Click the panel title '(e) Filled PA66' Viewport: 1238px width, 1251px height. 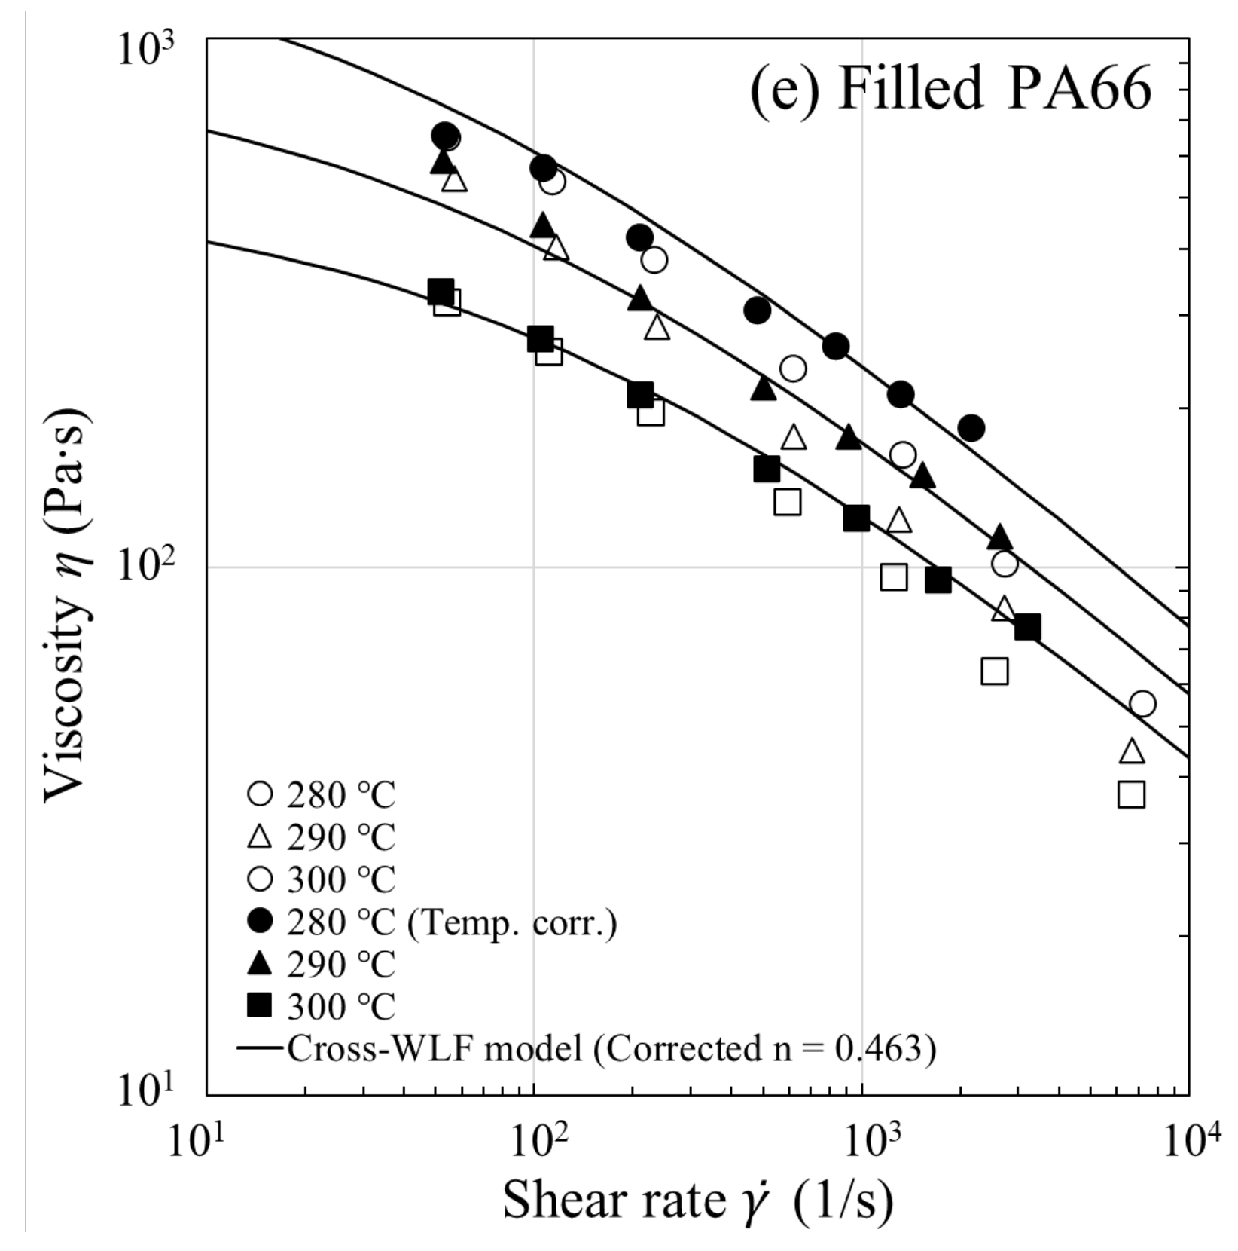[950, 89]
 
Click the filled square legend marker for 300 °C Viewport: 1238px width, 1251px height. [260, 1005]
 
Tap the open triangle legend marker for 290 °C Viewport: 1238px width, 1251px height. [260, 837]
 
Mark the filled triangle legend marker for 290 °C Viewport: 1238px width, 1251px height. [260, 963]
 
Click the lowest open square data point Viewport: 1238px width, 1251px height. [1131, 794]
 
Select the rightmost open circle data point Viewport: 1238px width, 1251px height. [1142, 704]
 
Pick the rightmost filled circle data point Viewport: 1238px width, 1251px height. [971, 428]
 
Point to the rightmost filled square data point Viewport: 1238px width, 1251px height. [1027, 627]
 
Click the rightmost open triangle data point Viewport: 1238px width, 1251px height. [1132, 751]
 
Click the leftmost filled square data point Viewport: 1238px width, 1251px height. [441, 292]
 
